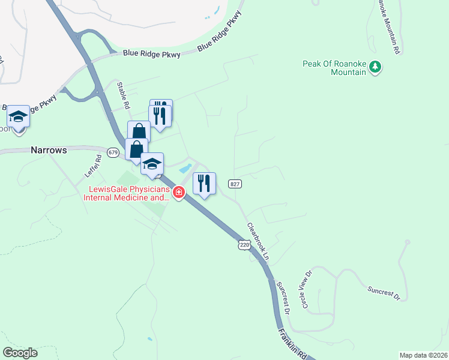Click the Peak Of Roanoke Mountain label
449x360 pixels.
[334, 68]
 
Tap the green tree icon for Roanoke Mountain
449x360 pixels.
[375, 67]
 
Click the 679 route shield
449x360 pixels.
[113, 152]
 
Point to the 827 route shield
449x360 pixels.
[235, 184]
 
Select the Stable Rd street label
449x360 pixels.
[123, 95]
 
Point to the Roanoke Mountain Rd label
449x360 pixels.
[388, 27]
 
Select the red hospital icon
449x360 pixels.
[178, 193]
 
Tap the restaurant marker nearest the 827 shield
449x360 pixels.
[204, 184]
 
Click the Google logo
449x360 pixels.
[20, 353]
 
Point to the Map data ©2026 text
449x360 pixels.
[423, 355]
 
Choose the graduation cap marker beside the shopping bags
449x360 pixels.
[152, 164]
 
